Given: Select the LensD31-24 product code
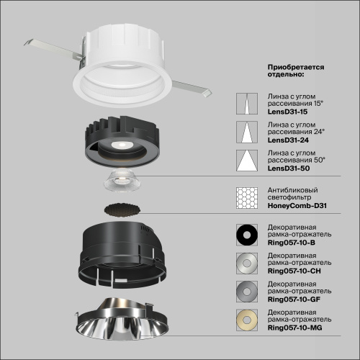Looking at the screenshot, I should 286,141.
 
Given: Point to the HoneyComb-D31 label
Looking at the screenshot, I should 297,206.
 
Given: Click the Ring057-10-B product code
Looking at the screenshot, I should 292,243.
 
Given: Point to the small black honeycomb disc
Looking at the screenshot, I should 122,210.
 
